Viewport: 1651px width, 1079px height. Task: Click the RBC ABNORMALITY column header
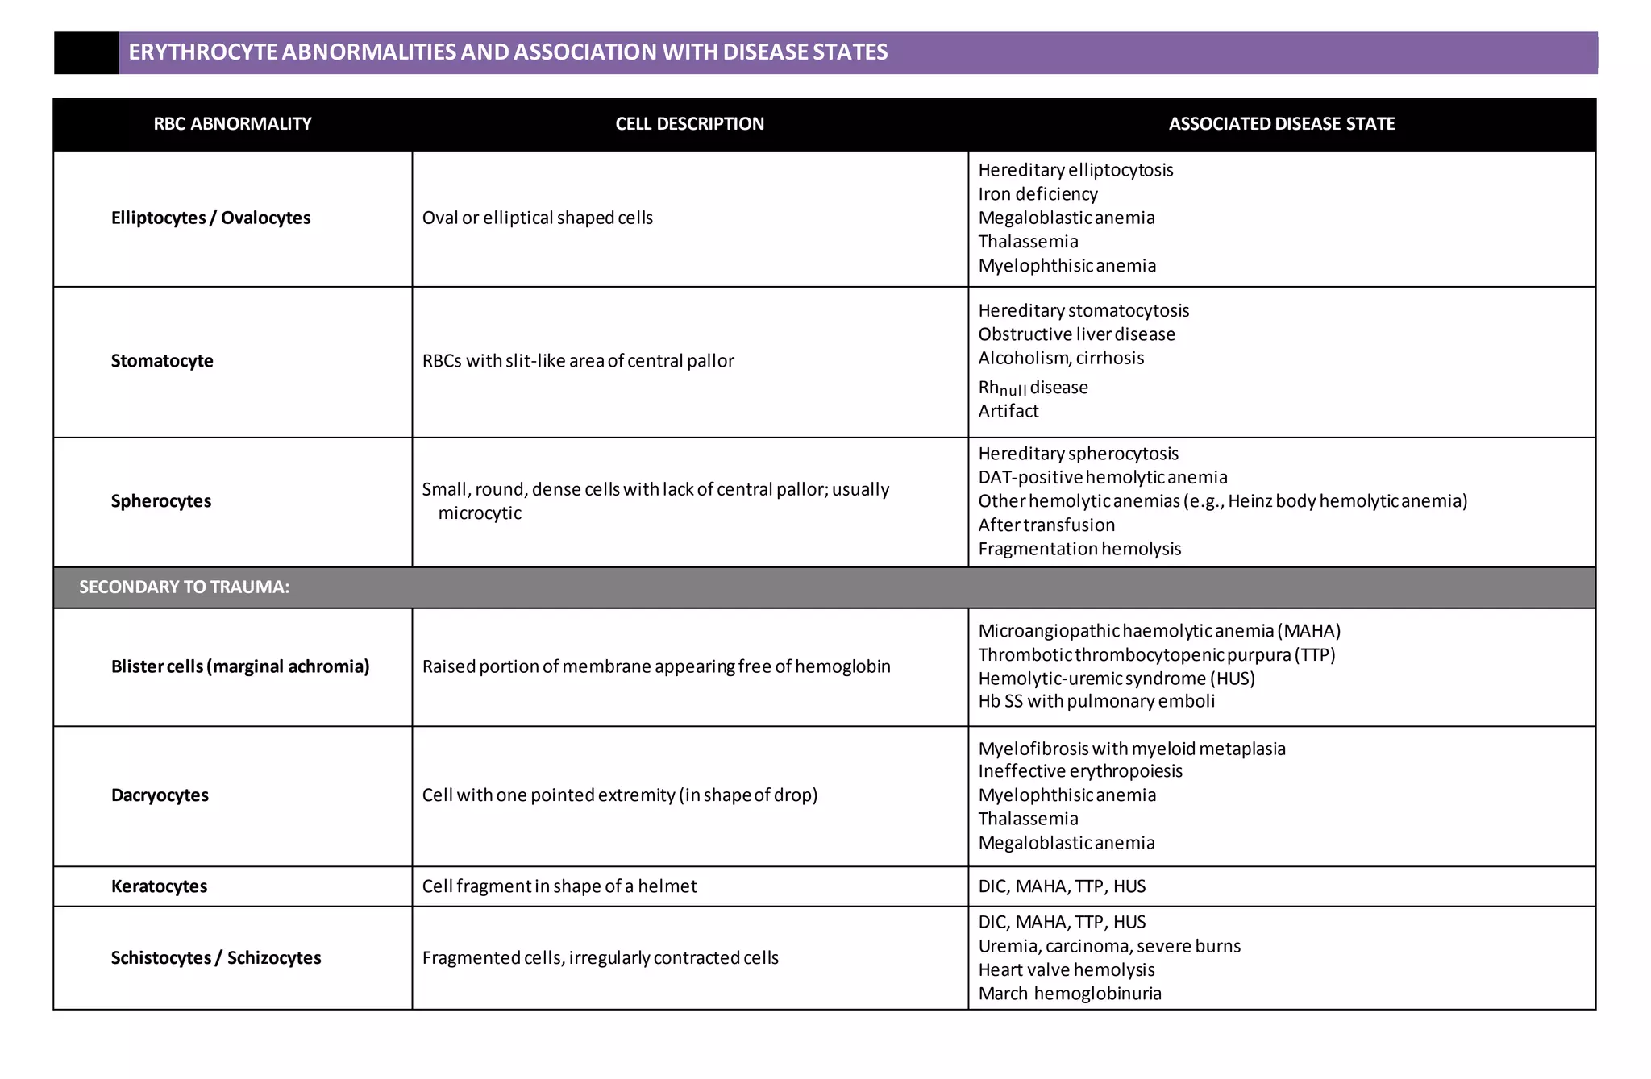pos(232,124)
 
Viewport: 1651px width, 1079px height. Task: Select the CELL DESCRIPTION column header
pos(689,124)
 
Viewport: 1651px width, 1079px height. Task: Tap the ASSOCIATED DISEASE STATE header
pos(1281,124)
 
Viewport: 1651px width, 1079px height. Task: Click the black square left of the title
pos(86,53)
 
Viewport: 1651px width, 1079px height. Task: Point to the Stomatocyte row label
pos(162,361)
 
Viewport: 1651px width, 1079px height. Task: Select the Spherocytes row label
pos(161,501)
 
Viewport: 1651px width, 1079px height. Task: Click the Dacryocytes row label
pos(160,795)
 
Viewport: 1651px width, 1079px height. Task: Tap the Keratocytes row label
pos(159,886)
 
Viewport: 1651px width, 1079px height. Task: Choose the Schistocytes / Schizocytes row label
pos(216,958)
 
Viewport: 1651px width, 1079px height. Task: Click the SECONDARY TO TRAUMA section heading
pos(184,587)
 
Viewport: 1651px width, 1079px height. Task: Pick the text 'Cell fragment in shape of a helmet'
pos(559,886)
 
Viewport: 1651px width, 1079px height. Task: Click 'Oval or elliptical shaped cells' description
pos(537,218)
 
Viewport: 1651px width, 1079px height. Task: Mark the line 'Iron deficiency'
pos(1038,194)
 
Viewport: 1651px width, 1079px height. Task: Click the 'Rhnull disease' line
pos(1033,388)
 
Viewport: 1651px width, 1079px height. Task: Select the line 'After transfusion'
pos(1046,525)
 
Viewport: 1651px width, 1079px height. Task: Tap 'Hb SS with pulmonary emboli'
pos(1096,701)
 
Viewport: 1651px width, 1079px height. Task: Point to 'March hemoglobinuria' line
pos(1070,994)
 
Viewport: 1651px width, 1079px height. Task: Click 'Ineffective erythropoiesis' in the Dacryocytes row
pos(1080,771)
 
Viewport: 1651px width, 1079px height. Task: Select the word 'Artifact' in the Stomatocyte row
pos(1008,411)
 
